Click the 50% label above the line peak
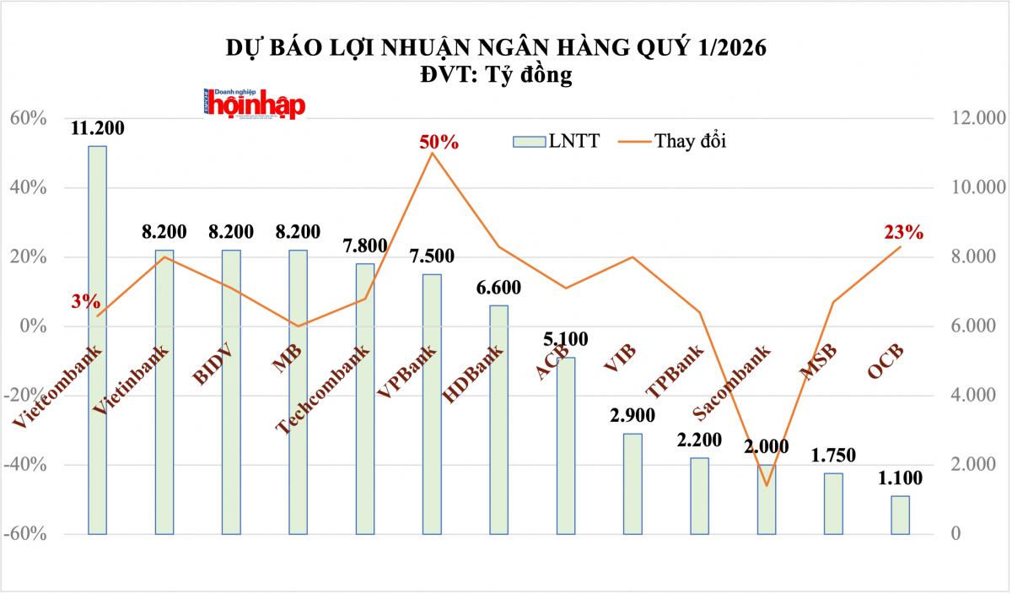tap(439, 142)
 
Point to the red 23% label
tap(903, 232)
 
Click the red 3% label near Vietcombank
tap(86, 301)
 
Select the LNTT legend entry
tap(557, 141)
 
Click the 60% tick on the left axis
tap(28, 118)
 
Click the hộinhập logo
tap(255, 104)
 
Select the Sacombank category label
tap(730, 382)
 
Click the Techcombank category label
tap(324, 389)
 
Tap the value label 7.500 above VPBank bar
tap(432, 256)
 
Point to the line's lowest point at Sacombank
tap(767, 485)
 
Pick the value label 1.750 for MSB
tap(832, 456)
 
